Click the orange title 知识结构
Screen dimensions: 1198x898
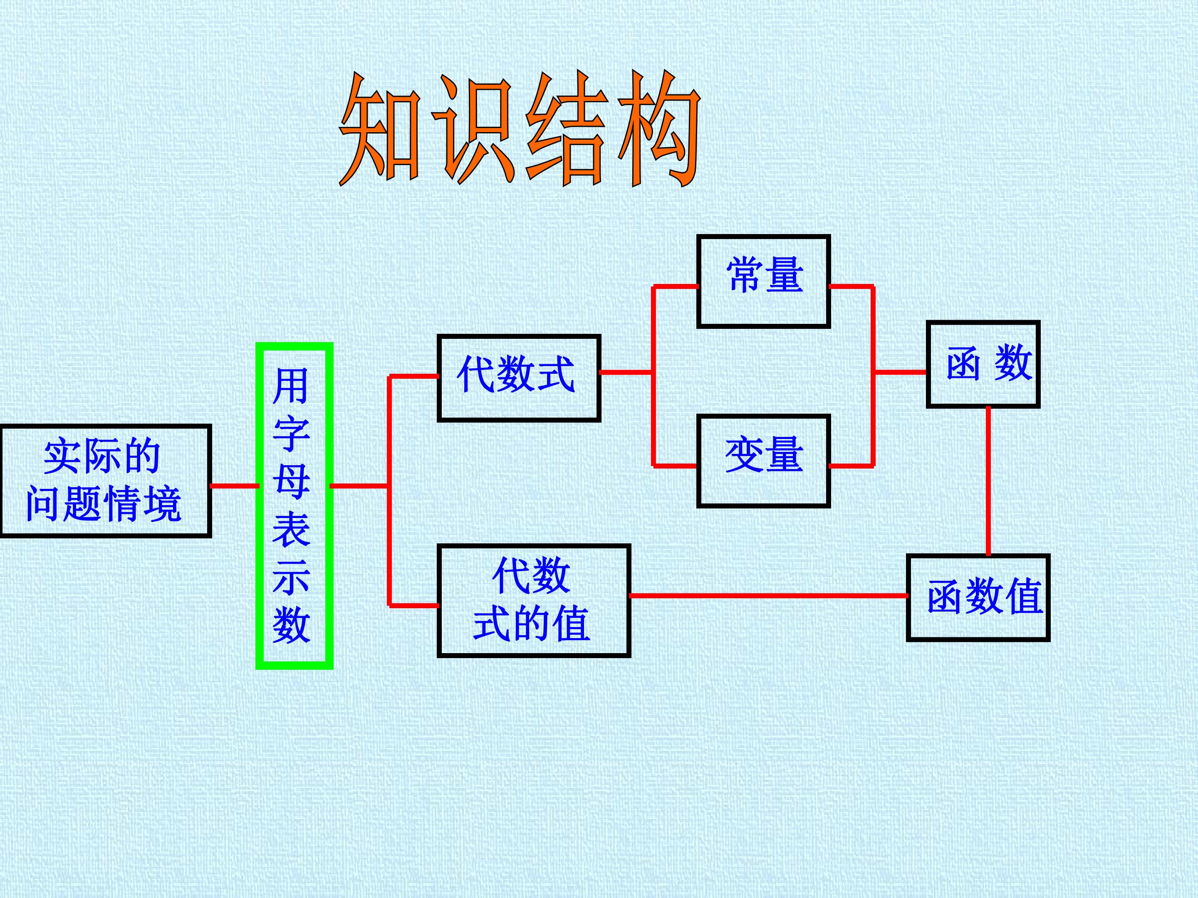tap(520, 130)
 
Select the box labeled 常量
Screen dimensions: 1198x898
tap(764, 281)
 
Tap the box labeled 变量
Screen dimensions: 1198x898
tap(764, 461)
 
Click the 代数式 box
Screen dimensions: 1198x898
tap(519, 378)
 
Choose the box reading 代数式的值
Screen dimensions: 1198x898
tap(533, 601)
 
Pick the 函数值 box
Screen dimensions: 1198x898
tap(978, 597)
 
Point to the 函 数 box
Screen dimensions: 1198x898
tap(983, 364)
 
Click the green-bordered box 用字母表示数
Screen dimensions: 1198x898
tap(294, 506)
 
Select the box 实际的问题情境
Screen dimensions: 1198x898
tap(105, 481)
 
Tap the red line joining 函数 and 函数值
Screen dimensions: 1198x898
tap(988, 481)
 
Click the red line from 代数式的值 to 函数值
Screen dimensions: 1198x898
tap(769, 595)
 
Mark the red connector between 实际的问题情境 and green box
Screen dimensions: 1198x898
tap(234, 486)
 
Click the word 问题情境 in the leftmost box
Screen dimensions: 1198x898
tap(104, 503)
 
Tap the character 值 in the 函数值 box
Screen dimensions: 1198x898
tap(1024, 597)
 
